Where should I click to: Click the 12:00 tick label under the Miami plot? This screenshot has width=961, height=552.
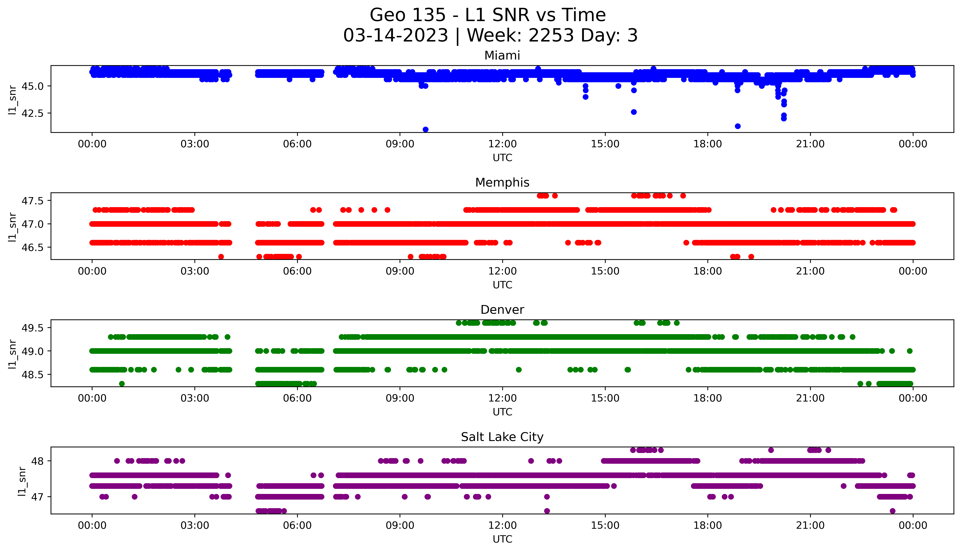502,144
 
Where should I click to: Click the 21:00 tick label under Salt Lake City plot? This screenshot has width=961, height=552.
810,525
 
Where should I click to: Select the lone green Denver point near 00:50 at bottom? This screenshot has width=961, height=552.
122,384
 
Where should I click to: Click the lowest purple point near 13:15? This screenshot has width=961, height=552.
547,511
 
